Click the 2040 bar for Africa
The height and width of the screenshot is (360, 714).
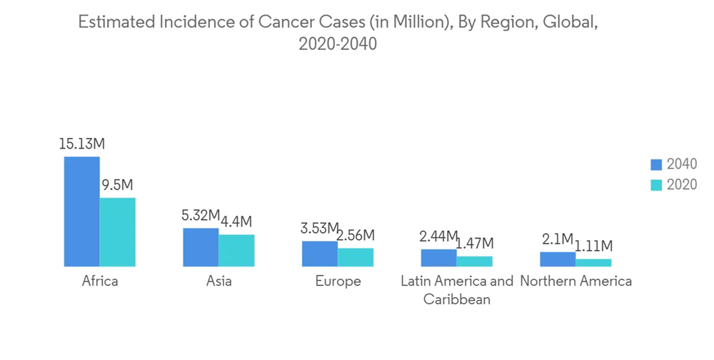82,211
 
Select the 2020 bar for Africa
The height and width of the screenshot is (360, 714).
118,232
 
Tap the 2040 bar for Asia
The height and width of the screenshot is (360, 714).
201,247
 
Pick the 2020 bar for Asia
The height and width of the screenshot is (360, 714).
236,251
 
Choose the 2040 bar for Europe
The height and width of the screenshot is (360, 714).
320,254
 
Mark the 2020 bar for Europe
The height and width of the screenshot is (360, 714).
356,257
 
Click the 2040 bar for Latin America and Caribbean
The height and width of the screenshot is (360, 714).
438,258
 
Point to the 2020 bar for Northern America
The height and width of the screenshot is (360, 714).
593,263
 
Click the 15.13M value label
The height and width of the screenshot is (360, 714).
82,144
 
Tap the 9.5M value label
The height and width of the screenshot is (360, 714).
118,186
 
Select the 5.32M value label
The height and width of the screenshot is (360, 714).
201,216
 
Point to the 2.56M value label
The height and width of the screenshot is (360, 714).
356,236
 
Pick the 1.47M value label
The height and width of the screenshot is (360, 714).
474,244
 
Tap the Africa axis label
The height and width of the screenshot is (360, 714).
100,281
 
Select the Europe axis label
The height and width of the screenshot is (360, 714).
338,281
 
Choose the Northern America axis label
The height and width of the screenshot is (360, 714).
575,281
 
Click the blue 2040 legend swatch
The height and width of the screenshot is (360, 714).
657,165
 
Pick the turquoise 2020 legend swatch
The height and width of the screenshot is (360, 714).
657,185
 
